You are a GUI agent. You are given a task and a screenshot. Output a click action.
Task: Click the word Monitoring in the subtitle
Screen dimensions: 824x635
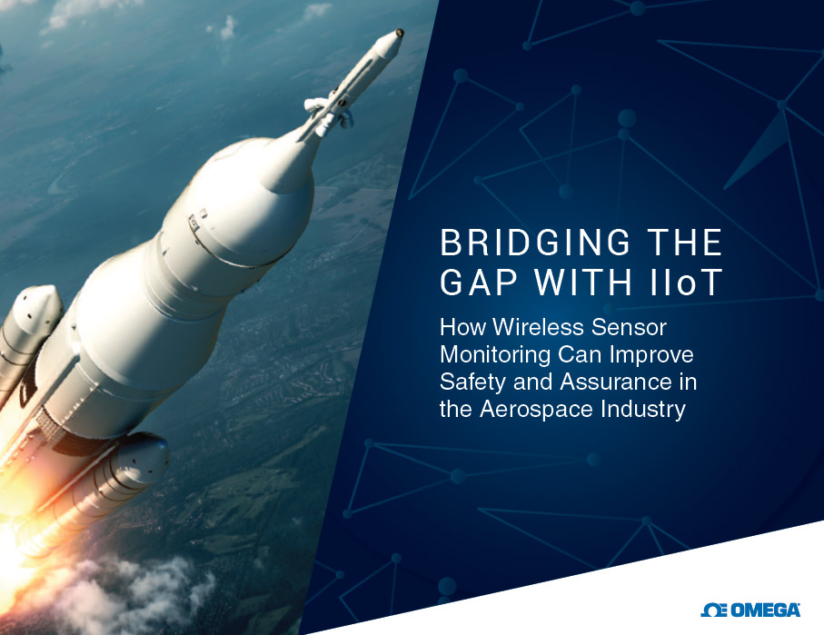point(495,355)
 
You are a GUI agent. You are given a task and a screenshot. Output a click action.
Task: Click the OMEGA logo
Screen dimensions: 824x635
point(750,610)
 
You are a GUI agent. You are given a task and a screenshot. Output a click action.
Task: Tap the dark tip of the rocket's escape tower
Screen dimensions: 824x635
point(400,33)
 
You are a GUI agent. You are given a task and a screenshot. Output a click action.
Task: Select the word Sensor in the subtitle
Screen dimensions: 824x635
point(629,327)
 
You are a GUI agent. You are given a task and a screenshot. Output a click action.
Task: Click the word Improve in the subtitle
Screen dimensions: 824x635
point(651,355)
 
